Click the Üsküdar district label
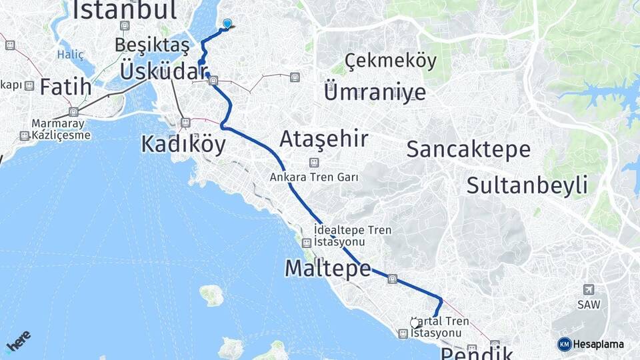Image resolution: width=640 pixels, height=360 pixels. point(162,70)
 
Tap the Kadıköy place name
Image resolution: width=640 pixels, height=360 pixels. point(183,143)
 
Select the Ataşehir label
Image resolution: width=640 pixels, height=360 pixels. point(323,139)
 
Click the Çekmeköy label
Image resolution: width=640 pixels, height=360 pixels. point(391,61)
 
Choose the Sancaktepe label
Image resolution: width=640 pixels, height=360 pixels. point(469,149)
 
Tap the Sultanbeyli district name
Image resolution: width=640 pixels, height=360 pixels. point(527,185)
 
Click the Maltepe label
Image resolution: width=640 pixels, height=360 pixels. point(327,268)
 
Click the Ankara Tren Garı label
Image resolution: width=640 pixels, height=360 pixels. point(314,177)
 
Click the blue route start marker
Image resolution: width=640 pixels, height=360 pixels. point(227,24)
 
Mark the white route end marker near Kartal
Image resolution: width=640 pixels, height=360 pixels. point(415,323)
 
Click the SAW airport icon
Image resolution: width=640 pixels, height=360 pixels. point(589,290)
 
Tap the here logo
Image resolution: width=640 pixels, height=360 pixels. point(18,342)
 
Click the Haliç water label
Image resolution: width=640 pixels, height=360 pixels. point(71,55)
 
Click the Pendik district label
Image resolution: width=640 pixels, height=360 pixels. point(477,353)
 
